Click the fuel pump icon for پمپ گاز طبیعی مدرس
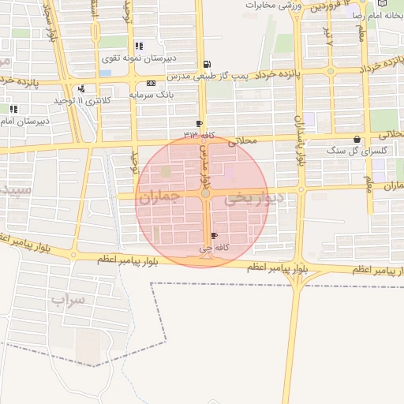click(207, 65)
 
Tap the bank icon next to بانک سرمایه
click(151, 83)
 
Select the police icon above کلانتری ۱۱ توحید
click(81, 88)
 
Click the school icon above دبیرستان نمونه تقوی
click(140, 46)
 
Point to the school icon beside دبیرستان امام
click(13, 109)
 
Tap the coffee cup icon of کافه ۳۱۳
click(199, 124)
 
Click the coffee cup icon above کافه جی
click(214, 236)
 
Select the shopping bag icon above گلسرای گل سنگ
click(357, 139)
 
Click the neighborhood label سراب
click(68, 300)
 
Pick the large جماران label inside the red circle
click(160, 197)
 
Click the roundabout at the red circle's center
click(205, 193)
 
